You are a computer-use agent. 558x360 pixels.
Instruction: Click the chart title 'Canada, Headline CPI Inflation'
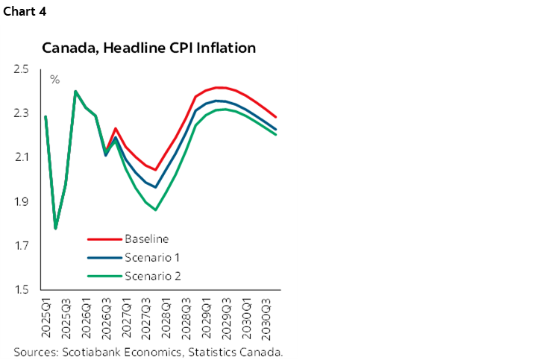(x=149, y=48)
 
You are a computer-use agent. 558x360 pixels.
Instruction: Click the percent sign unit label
(x=54, y=79)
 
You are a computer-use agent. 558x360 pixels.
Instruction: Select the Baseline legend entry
(x=146, y=239)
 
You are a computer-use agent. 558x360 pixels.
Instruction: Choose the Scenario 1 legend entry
(x=151, y=257)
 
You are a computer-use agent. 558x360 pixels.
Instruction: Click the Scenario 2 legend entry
(x=151, y=276)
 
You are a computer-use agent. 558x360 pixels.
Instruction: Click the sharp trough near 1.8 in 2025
(x=56, y=228)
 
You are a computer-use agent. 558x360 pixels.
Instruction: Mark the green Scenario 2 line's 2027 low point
(x=156, y=209)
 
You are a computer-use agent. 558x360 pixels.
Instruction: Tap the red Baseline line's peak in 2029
(x=216, y=87)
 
